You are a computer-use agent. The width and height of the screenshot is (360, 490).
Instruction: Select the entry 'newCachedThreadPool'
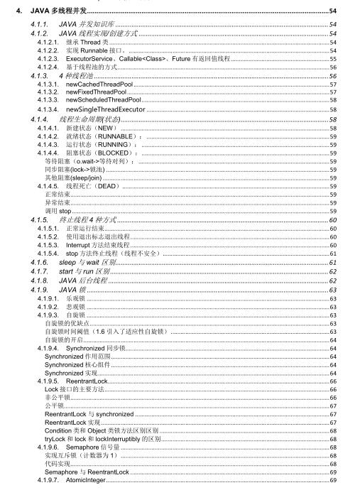tap(99, 84)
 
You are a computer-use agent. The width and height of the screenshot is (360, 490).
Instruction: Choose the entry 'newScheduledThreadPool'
tap(103, 101)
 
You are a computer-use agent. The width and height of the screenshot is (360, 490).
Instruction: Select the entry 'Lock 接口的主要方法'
tap(75, 390)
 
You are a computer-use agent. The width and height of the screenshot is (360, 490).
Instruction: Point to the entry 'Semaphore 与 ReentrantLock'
tap(87, 472)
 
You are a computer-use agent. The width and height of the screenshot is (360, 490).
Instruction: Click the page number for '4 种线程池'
tap(333, 75)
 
